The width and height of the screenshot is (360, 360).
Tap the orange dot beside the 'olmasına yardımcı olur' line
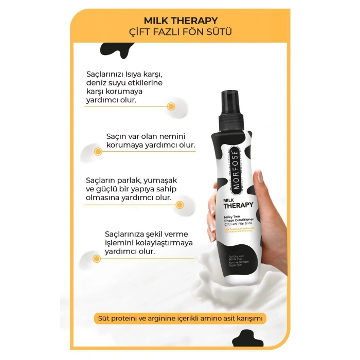coord(179,205)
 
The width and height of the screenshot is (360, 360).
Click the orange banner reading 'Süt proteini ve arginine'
coord(179,318)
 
